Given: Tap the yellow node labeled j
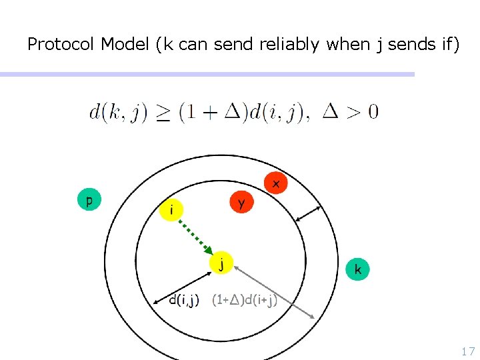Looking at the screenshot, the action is [x=221, y=263].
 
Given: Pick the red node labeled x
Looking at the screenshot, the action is [x=275, y=182].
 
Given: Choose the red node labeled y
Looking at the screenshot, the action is [x=241, y=202].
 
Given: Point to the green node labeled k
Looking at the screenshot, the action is [x=358, y=269].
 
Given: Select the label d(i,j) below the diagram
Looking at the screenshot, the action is [x=184, y=300].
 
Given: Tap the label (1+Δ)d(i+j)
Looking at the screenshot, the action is [x=244, y=300].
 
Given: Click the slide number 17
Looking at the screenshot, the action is [x=467, y=351].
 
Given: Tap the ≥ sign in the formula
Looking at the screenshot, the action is [x=163, y=111].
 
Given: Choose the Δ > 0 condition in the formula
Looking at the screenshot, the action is [x=350, y=111].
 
